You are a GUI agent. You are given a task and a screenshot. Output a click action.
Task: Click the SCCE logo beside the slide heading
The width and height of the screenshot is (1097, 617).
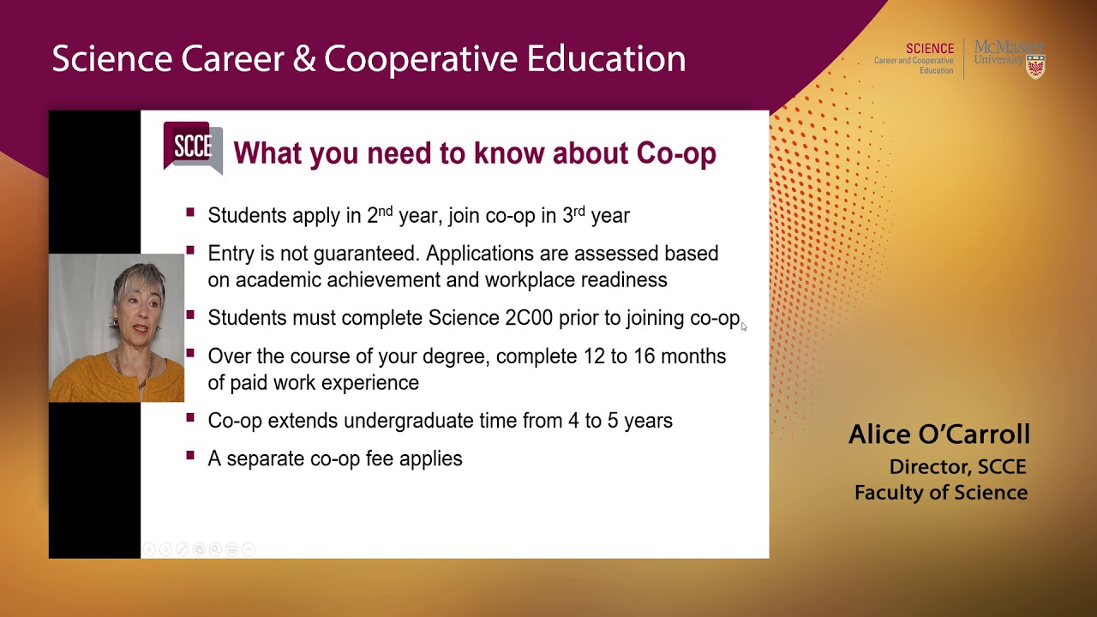tap(193, 148)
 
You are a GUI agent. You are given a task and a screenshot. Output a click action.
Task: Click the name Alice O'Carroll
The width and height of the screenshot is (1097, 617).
tap(938, 434)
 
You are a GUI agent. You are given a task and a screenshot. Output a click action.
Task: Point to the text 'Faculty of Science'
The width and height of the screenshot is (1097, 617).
tap(940, 493)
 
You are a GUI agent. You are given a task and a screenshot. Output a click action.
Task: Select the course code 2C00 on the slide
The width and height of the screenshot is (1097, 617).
tap(529, 318)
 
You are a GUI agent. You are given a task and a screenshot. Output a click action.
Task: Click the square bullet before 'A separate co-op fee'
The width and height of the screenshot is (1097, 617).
tap(190, 457)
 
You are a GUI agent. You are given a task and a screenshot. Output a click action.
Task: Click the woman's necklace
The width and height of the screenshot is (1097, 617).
tap(143, 368)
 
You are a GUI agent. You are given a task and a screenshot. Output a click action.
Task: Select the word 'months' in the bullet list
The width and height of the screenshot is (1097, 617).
tap(693, 356)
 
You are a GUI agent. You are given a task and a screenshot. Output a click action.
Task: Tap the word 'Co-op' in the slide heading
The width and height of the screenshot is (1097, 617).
tap(676, 153)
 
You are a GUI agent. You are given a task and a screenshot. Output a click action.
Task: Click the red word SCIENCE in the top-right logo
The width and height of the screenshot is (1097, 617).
tap(929, 49)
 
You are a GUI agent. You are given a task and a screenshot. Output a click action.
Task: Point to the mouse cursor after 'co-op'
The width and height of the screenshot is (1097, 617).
tap(744, 326)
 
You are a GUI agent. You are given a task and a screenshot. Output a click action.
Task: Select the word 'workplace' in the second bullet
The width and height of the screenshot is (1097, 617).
tap(530, 280)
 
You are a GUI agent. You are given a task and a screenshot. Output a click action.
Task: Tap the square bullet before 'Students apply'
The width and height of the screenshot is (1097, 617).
tap(190, 213)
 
